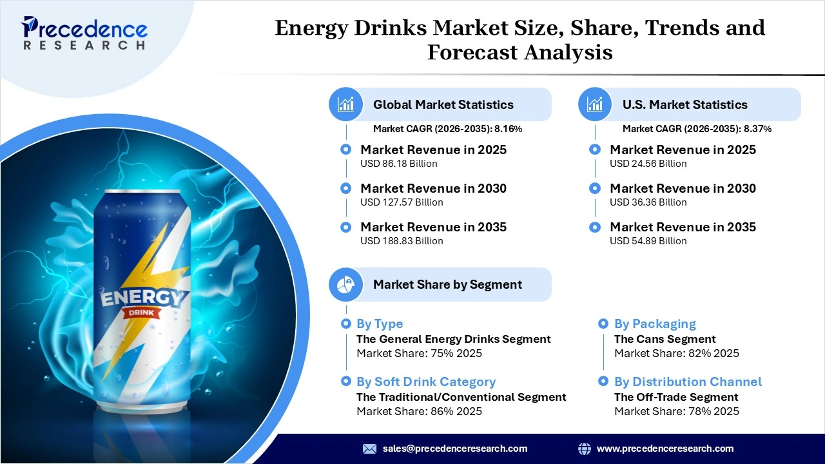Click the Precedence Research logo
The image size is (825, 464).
pyautogui.click(x=84, y=33)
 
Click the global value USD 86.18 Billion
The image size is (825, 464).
pyautogui.click(x=398, y=164)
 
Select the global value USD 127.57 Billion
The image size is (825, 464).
pyautogui.click(x=402, y=202)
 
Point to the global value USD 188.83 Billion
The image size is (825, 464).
pyautogui.click(x=402, y=241)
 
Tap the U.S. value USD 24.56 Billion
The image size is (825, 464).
pyautogui.click(x=648, y=164)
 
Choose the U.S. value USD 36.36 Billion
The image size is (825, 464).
pyautogui.click(x=648, y=202)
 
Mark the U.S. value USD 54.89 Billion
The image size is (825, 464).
pyautogui.click(x=648, y=241)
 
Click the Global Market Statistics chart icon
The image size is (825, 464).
pyautogui.click(x=346, y=104)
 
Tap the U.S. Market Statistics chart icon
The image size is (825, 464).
pyautogui.click(x=596, y=104)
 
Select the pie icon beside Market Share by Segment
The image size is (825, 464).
pyautogui.click(x=346, y=284)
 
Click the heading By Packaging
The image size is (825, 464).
pyautogui.click(x=655, y=324)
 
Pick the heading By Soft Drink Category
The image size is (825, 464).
pyautogui.click(x=426, y=382)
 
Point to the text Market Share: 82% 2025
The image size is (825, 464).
pyautogui.click(x=676, y=353)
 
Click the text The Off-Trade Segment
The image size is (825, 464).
pyautogui.click(x=676, y=397)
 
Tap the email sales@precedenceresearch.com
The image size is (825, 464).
pyautogui.click(x=455, y=449)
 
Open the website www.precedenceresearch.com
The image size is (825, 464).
pyautogui.click(x=665, y=449)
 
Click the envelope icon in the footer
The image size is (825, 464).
pyautogui.click(x=369, y=449)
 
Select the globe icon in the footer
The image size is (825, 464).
pyautogui.click(x=585, y=449)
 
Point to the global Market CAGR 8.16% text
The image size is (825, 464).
pyautogui.click(x=447, y=129)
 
